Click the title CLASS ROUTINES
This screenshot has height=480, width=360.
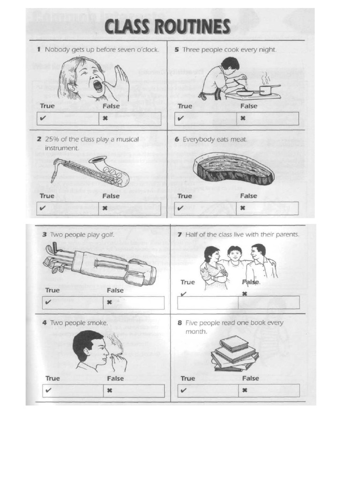[x=168, y=27]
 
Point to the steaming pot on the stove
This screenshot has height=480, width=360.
[x=266, y=89]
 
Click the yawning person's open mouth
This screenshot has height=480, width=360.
[x=97, y=86]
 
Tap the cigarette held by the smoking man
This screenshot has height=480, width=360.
[x=117, y=350]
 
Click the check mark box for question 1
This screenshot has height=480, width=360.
[x=68, y=119]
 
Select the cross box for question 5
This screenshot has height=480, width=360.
[x=268, y=119]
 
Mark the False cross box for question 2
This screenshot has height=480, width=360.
[x=130, y=209]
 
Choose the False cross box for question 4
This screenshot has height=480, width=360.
[x=134, y=390]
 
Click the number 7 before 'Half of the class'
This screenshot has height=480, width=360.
[x=180, y=234]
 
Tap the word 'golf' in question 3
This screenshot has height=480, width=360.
[x=106, y=234]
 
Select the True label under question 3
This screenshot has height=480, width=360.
[x=52, y=290]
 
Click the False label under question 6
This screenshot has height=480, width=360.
[x=249, y=196]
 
